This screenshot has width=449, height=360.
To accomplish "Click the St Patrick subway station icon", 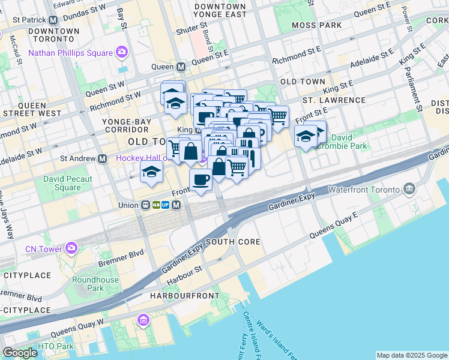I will pos(53,19).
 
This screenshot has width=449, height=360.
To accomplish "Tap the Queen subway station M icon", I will pos(181,67).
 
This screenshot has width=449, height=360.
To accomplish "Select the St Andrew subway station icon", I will pos(102,158).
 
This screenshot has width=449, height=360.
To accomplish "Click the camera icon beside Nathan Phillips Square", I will pos(122,52).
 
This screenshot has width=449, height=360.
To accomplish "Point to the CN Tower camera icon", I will pos(71,248).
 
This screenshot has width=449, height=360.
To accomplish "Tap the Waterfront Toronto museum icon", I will pos(409,190).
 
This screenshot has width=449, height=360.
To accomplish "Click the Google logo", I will pos(19,353).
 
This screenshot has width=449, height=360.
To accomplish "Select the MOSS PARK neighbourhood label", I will pos(316,25).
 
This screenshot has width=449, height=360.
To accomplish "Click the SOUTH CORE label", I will pos(233,242).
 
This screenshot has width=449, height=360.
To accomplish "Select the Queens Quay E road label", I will pos(333,224).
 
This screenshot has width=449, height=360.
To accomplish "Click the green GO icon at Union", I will pos(155,205).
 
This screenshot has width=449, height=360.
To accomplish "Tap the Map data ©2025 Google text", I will pos(412,355).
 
